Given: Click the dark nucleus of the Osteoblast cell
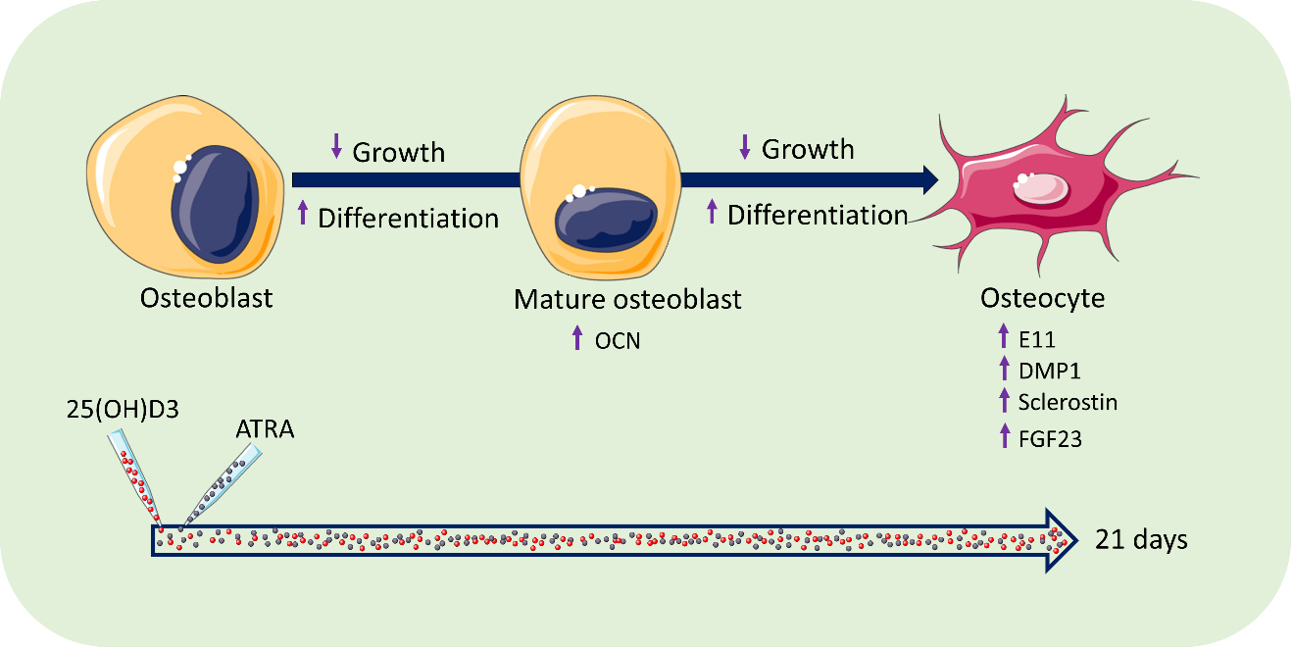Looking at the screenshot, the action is (x=215, y=205).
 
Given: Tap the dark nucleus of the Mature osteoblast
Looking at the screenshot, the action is (x=606, y=220).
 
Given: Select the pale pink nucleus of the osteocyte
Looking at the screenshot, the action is (x=1041, y=189).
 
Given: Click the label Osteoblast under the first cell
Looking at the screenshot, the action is (x=206, y=298).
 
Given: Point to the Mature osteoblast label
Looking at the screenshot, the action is (x=627, y=300).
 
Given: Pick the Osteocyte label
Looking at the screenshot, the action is (x=1043, y=298).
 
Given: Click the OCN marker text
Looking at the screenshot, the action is (x=618, y=341).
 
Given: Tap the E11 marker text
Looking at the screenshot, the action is (x=1037, y=339).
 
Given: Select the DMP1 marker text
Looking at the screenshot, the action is (x=1050, y=371).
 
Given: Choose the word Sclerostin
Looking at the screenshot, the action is (x=1068, y=402).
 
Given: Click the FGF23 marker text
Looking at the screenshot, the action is (x=1050, y=439).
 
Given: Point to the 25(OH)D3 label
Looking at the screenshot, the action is (x=123, y=409).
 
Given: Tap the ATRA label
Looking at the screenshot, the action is (x=265, y=429).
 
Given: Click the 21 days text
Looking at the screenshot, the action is (x=1141, y=540).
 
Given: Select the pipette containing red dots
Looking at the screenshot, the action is (x=135, y=478).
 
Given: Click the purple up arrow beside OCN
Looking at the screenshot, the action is (x=577, y=337).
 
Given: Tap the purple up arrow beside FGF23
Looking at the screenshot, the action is (x=1005, y=435).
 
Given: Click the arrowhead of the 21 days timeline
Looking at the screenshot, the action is (x=1061, y=540).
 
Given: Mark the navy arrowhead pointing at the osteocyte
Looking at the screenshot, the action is (x=930, y=179).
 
